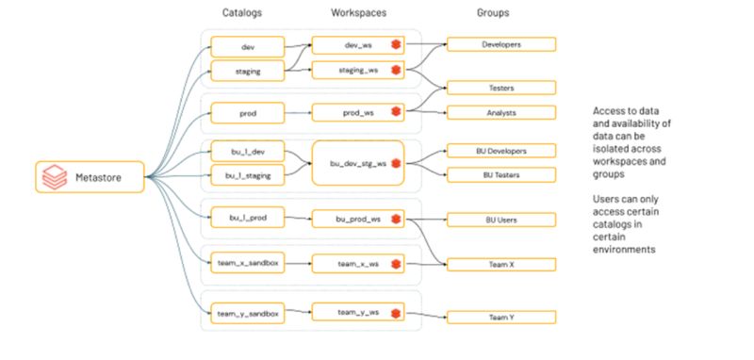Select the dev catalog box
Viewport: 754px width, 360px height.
click(x=248, y=44)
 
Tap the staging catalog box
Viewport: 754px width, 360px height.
click(x=248, y=70)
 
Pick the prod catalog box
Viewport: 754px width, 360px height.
click(x=248, y=113)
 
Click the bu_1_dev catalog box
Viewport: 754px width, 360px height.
click(x=248, y=151)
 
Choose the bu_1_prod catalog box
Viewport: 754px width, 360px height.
click(x=248, y=219)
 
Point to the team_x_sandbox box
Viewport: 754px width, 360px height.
click(x=248, y=264)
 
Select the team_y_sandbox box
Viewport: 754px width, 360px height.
click(x=248, y=311)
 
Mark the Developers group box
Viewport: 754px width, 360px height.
click(x=500, y=44)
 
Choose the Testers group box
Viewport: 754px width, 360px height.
click(x=500, y=88)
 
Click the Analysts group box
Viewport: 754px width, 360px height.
click(x=500, y=113)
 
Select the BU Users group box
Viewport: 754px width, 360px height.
click(x=500, y=220)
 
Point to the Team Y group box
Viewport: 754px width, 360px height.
click(x=500, y=317)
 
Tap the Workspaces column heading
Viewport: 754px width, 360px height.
click(x=358, y=14)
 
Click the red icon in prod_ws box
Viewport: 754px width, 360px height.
click(x=396, y=113)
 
